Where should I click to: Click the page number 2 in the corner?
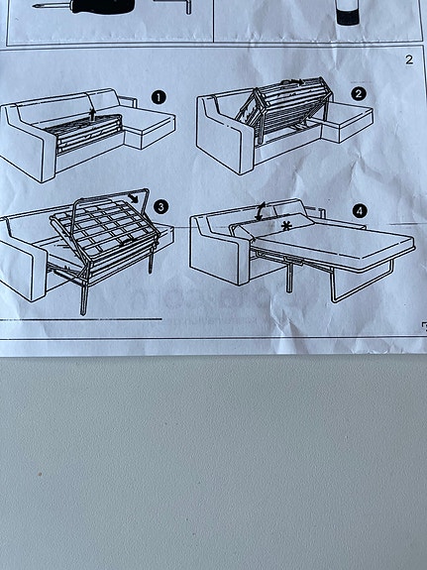[x=408, y=59]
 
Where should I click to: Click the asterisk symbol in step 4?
[x=286, y=227]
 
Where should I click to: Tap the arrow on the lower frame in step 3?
[x=123, y=240]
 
